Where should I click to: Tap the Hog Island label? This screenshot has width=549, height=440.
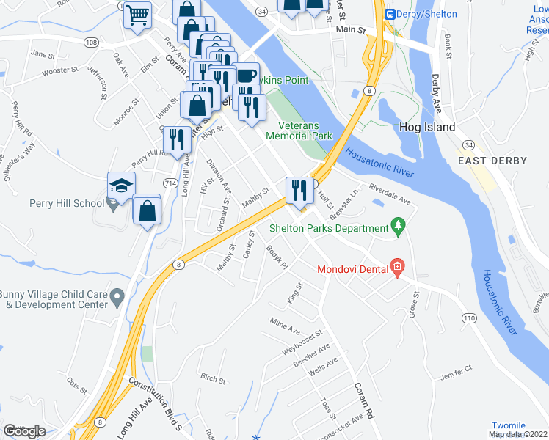(426, 127)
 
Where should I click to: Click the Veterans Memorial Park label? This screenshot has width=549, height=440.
(299, 131)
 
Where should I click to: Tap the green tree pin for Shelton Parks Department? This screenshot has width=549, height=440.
(399, 227)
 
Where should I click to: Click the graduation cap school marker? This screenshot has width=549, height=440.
(121, 186)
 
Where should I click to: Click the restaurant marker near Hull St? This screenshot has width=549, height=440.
(299, 191)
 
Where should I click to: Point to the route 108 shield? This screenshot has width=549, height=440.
(92, 43)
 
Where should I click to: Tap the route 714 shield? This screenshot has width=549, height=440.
(170, 182)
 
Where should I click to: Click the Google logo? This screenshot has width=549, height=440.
(25, 430)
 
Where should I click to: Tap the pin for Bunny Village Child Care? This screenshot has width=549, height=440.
(116, 297)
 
